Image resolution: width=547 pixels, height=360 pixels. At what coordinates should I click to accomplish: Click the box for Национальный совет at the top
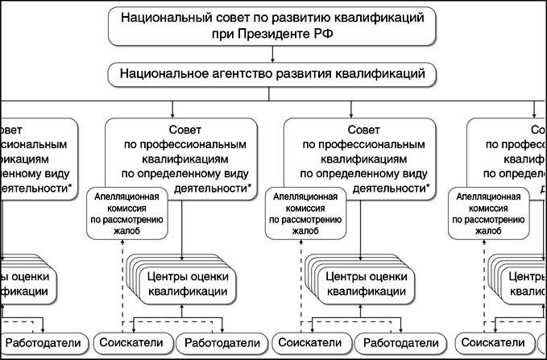click(273, 25)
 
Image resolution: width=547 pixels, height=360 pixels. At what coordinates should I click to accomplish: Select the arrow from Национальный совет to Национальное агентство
click(273, 54)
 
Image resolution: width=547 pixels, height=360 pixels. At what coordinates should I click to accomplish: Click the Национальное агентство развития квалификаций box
click(273, 74)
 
